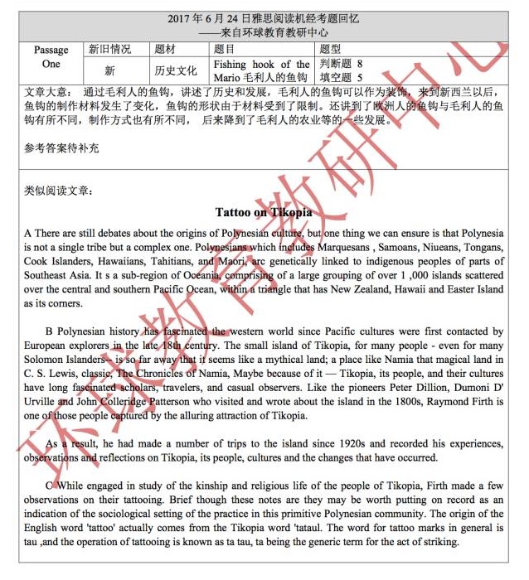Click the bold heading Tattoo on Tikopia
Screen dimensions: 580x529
pos(264,212)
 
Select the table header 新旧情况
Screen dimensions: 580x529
pos(109,50)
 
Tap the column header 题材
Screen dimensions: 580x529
pos(165,50)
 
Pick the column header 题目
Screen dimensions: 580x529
pos(224,50)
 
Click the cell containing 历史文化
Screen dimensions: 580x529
pos(176,70)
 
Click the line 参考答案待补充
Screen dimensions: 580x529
pos(61,148)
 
